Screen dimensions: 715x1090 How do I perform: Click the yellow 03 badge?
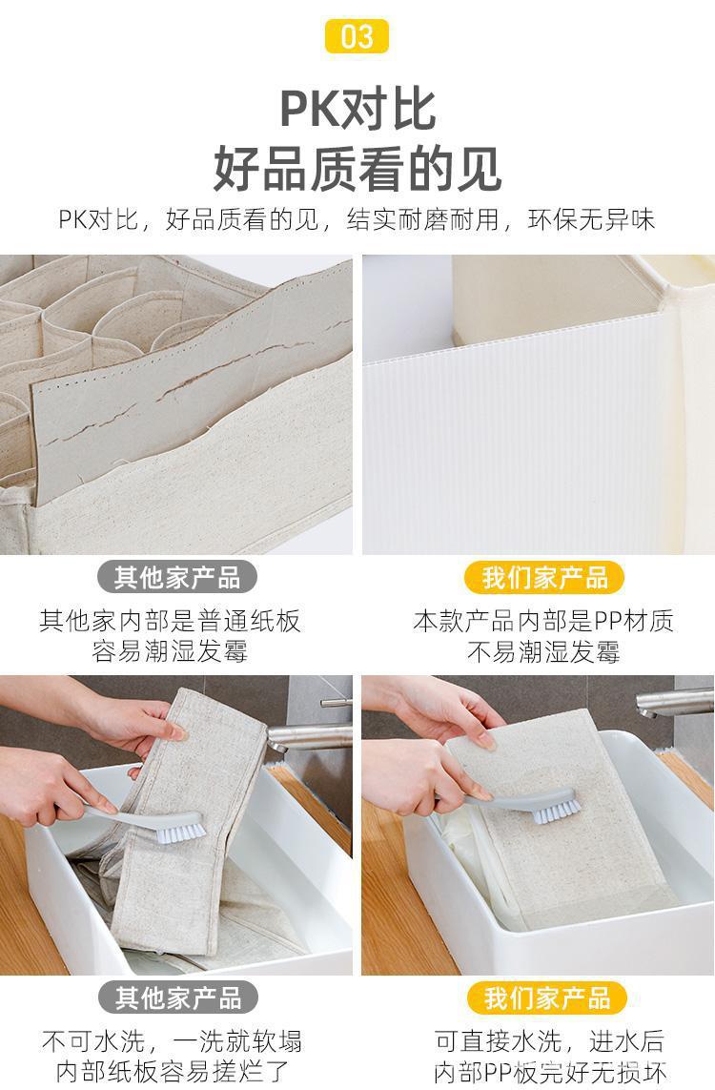click(357, 36)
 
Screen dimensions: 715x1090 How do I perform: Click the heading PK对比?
click(357, 109)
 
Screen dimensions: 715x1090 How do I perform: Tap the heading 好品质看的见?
click(357, 169)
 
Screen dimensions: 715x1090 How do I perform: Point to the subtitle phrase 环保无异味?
click(591, 219)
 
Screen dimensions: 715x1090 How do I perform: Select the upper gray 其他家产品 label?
click(177, 577)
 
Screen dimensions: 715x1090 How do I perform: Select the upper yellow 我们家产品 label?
click(544, 577)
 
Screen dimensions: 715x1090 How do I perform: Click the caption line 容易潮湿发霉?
click(170, 651)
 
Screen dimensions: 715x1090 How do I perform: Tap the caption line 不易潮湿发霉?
click(543, 651)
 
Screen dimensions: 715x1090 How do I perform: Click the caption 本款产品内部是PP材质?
click(543, 620)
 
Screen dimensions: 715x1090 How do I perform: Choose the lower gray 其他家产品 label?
click(177, 997)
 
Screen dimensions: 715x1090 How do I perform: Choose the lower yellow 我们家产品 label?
click(547, 997)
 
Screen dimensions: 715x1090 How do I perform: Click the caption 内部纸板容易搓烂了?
click(172, 1071)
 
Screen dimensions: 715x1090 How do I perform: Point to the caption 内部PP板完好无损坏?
click(550, 1071)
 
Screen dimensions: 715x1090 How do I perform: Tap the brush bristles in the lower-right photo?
click(557, 810)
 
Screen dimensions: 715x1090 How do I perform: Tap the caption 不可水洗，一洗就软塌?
click(172, 1040)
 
